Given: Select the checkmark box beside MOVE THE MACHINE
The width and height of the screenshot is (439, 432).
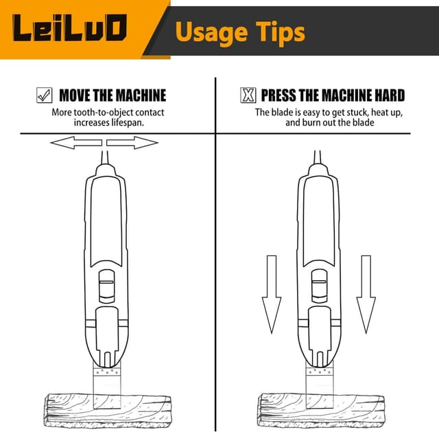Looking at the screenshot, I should (x=44, y=95).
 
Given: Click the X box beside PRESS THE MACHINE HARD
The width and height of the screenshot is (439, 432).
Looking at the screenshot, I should (x=248, y=95).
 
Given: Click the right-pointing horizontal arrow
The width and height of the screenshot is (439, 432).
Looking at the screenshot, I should (x=132, y=143).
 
